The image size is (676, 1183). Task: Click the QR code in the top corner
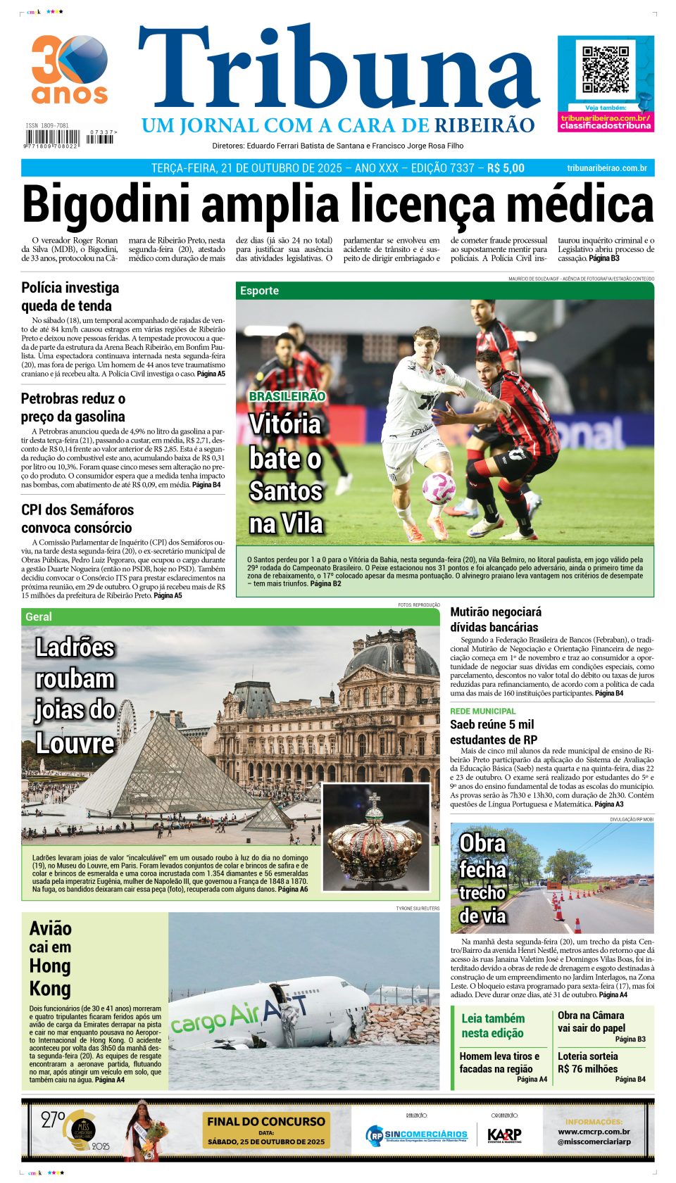pos(605,70)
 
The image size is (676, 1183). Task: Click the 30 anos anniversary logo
pos(69,70)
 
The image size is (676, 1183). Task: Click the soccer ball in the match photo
pos(438,488)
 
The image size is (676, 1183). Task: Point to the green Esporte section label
pos(259,291)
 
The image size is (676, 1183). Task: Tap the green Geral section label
pos(39,616)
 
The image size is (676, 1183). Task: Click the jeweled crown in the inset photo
pos(375,838)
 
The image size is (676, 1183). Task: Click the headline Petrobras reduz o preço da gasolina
pos(73,407)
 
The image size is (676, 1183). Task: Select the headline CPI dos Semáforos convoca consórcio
pos(77,519)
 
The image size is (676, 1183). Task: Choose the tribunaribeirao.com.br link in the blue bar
pos(606,168)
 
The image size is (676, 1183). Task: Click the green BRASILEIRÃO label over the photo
pos(287,396)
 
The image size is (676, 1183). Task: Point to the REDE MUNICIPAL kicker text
pos(483,711)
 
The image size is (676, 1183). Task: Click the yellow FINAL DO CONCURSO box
pos(266,1130)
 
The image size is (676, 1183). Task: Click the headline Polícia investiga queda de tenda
pos(70,296)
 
